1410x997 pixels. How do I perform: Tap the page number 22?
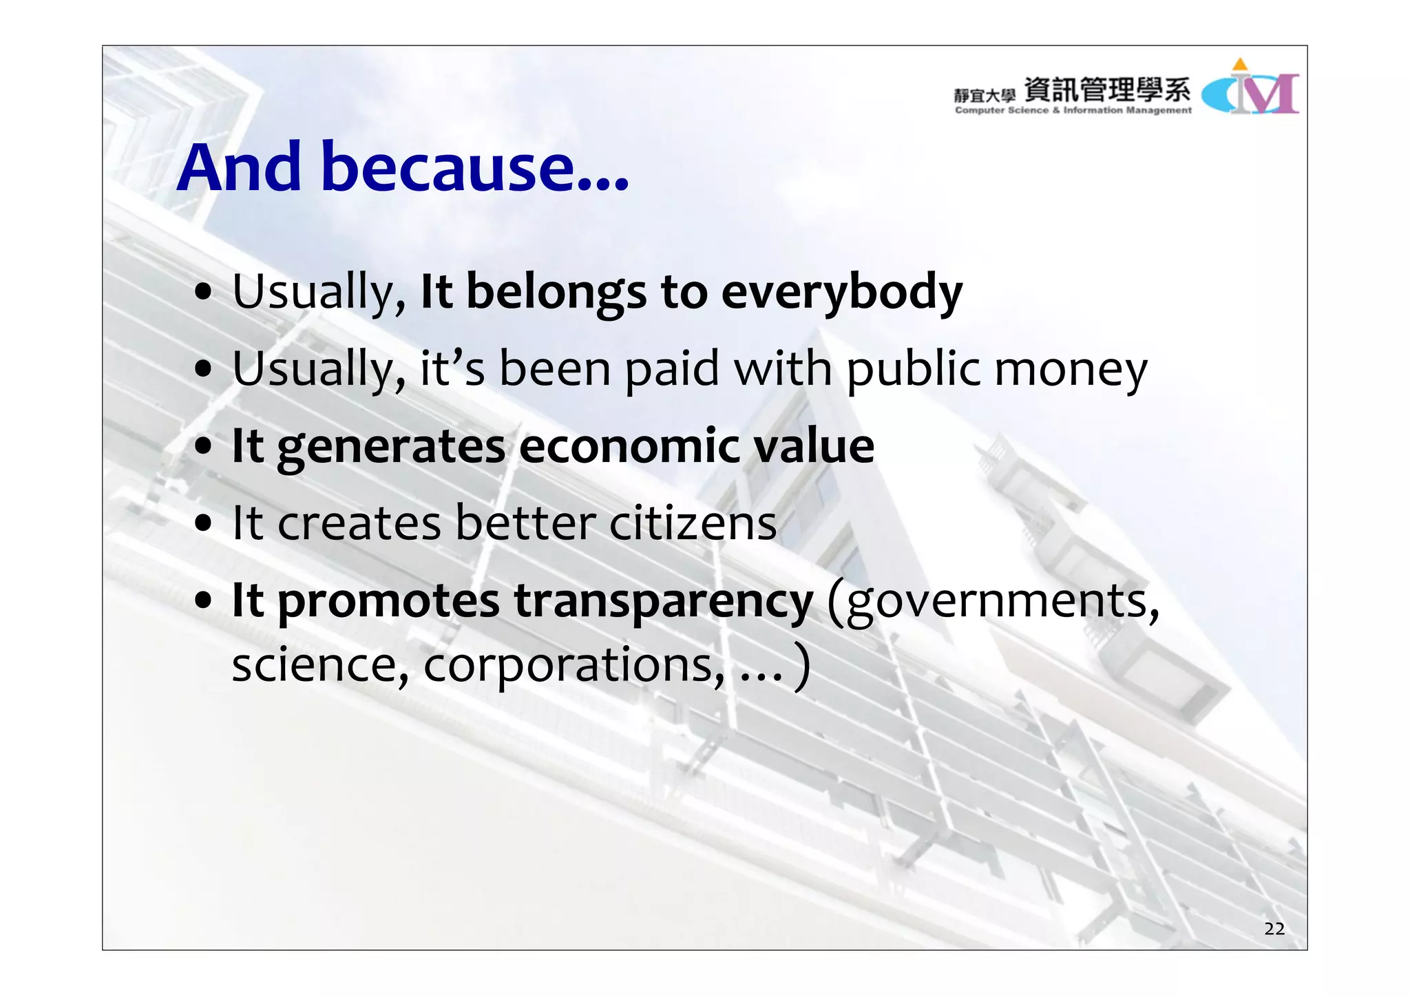click(1274, 929)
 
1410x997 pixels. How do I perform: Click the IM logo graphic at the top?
click(1250, 90)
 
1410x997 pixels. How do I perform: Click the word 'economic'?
click(629, 446)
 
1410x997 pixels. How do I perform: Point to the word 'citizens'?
click(693, 523)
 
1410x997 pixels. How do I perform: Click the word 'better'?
click(525, 523)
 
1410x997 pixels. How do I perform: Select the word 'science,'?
click(320, 665)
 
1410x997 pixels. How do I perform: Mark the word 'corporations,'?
click(574, 665)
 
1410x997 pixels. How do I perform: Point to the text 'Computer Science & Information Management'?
click(1073, 110)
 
